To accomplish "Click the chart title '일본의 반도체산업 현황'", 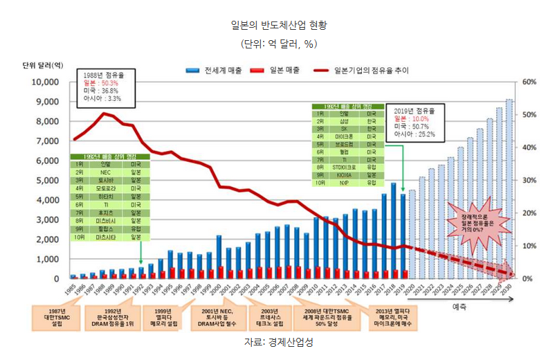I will pyautogui.click(x=278, y=26).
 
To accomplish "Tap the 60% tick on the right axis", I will pyautogui.click(x=529, y=82).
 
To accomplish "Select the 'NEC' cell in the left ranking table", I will pyautogui.click(x=106, y=172).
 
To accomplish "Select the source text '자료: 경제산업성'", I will pyautogui.click(x=278, y=343).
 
